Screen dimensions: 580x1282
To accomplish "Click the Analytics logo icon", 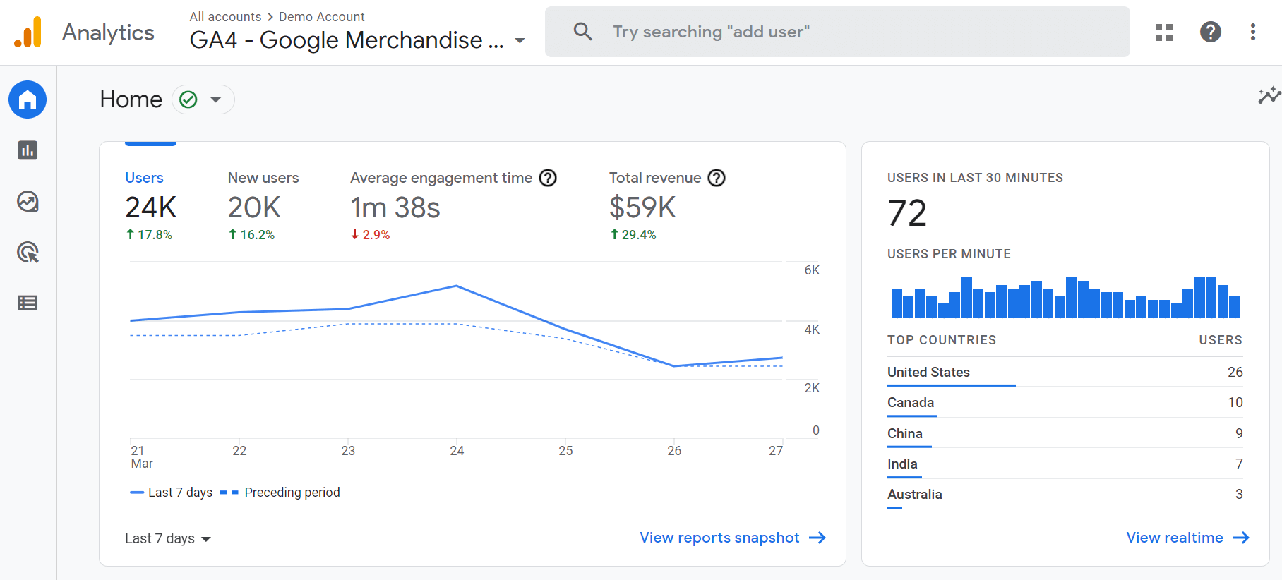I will [28, 32].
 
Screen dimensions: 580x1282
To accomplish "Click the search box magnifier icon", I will [582, 32].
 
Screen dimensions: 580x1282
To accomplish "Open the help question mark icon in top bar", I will [1210, 32].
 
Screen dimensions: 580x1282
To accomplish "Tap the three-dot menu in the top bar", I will [1252, 32].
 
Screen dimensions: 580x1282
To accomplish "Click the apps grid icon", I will [1163, 32].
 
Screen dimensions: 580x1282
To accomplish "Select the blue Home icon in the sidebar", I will [28, 99].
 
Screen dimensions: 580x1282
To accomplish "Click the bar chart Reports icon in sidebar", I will [28, 150].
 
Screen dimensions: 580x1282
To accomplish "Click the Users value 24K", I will [150, 207].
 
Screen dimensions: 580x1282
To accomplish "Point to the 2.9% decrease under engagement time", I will [371, 235].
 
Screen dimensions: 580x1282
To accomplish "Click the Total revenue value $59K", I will [642, 207].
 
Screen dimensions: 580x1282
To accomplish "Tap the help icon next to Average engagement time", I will [548, 178].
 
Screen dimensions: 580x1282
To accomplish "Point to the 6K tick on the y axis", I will [812, 270].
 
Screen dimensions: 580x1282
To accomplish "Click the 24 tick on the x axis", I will [457, 451].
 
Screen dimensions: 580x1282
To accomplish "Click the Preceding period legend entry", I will [292, 493].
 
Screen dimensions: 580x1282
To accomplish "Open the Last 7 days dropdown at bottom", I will [168, 539].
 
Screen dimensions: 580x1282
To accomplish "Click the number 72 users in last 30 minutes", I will [907, 213].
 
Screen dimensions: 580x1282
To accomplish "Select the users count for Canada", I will [1235, 402].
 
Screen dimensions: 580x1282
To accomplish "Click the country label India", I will [902, 464].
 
